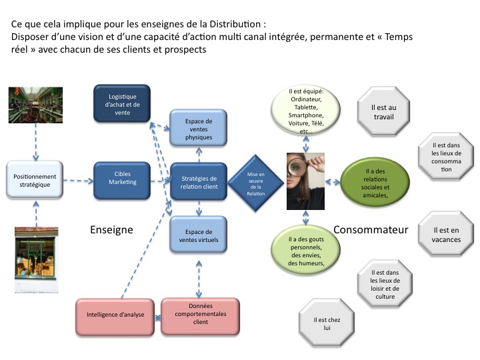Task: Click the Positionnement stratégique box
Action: click(35, 180)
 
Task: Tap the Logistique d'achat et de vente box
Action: click(122, 104)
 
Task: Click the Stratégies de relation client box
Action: click(199, 182)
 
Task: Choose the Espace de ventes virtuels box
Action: click(199, 235)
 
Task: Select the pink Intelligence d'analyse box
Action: click(115, 315)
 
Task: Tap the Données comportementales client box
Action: click(200, 313)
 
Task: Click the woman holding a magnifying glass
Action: click(306, 181)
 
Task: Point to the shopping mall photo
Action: click(35, 105)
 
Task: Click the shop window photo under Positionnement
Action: click(35, 253)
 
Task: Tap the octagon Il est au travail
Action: click(383, 111)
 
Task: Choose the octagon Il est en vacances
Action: click(445, 235)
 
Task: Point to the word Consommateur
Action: click(371, 230)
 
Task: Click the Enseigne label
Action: click(111, 230)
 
